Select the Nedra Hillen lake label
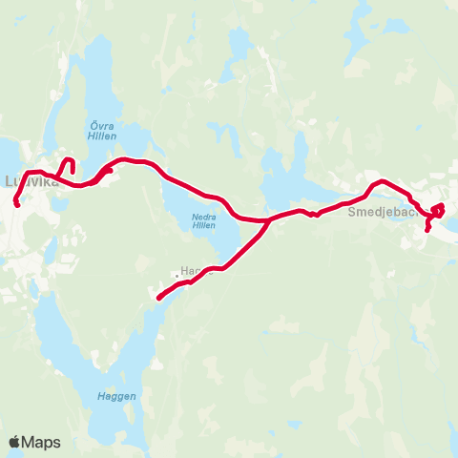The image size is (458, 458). pos(198,221)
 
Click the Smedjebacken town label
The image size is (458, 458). pos(385,211)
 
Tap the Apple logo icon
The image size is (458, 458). pos(14,442)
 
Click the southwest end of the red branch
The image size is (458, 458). pos(158,299)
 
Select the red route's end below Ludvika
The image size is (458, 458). pos(17,204)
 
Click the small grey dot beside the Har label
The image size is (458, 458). pos(176,276)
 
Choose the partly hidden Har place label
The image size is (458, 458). pos(187,271)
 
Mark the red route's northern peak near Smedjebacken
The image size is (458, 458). pos(382,180)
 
